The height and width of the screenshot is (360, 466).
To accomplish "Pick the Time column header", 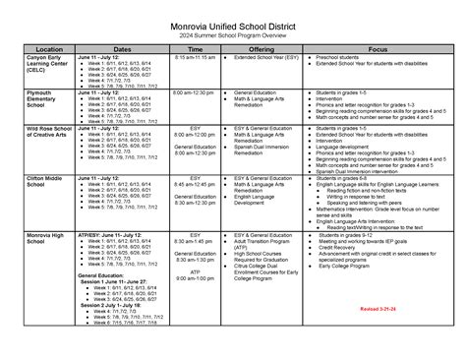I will [195, 48].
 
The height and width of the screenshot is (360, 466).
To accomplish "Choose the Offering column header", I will [262, 48].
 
